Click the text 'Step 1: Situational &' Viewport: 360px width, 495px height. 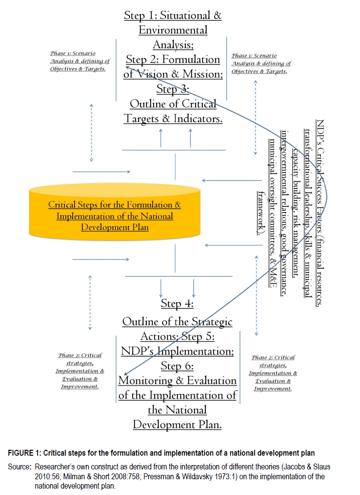coord(172,15)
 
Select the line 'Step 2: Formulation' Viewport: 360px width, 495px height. coord(173,59)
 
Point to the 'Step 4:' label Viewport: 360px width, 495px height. coord(177,303)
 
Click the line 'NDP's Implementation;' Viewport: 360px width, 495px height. coord(177,351)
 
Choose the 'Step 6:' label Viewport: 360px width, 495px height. coord(177,366)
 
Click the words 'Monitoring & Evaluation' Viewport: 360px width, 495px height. coord(177,380)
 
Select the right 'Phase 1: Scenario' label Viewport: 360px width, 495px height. coord(254,56)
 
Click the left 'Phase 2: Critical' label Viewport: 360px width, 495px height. coord(80,355)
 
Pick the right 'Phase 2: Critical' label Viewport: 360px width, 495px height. coord(273,357)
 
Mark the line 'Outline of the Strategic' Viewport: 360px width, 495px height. coord(177,322)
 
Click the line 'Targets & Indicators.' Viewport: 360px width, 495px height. coord(173,118)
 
